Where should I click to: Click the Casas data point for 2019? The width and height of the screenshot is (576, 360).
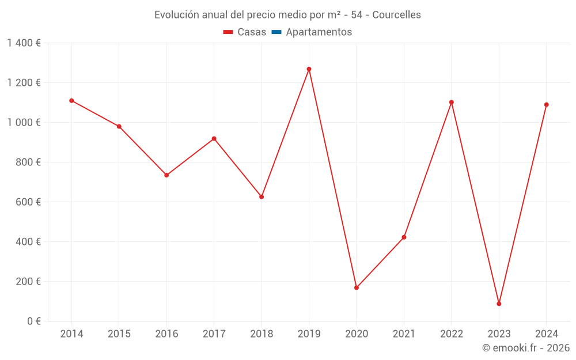[309, 69]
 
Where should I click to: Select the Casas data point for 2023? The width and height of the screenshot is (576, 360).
[499, 304]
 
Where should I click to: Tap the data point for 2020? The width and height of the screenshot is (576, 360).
[357, 287]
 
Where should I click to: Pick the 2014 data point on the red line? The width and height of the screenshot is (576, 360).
[71, 101]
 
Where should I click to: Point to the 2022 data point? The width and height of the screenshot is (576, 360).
[452, 103]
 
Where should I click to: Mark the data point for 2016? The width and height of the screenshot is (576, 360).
[166, 175]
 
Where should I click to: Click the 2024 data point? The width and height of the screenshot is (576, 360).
[546, 105]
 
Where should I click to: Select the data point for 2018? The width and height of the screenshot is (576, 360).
[262, 197]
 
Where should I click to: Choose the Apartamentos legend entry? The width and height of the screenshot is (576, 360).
[319, 32]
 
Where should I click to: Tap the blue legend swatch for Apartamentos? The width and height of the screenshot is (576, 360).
[276, 32]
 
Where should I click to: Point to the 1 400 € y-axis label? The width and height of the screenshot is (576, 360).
[24, 43]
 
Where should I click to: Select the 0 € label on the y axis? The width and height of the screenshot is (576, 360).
[33, 321]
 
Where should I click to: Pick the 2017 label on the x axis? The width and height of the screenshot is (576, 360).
[214, 334]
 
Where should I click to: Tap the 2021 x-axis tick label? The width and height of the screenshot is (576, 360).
[404, 334]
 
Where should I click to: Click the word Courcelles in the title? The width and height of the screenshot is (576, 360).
[396, 15]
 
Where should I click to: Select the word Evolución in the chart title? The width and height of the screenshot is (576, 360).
[175, 15]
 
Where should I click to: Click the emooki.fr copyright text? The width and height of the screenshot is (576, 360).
[526, 348]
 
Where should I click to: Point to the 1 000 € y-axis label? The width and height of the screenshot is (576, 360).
[24, 123]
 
